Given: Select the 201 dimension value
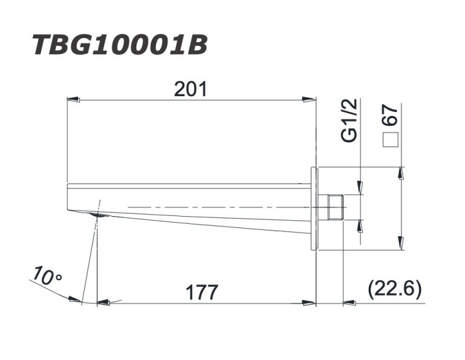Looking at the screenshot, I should click(x=190, y=89).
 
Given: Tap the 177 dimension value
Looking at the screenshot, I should click(x=202, y=292).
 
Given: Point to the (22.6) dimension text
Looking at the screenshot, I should click(x=394, y=290).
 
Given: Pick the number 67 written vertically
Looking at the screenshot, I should click(x=391, y=116).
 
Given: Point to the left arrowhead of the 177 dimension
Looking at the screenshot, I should click(x=103, y=301).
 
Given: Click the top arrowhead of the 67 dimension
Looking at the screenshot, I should click(x=400, y=172).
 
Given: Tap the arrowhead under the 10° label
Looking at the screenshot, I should click(x=75, y=298).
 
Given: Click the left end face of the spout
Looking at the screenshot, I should click(x=67, y=197).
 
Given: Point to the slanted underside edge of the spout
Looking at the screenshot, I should click(x=206, y=224).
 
